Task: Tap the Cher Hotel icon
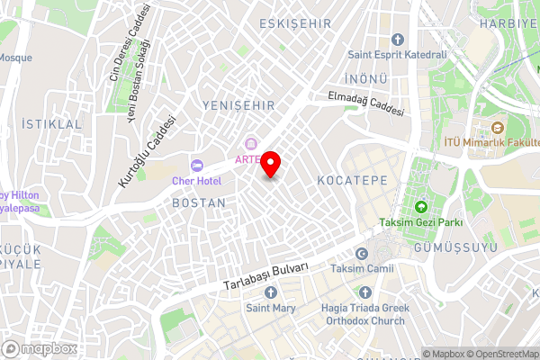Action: tap(196, 164)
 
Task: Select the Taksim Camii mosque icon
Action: tap(362, 255)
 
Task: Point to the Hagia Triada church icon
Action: tap(364, 292)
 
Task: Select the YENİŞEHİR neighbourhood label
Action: tap(238, 105)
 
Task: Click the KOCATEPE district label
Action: tap(352, 180)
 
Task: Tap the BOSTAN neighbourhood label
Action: tap(198, 203)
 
